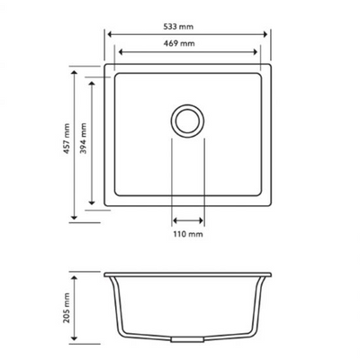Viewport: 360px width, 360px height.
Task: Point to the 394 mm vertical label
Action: (x=84, y=141)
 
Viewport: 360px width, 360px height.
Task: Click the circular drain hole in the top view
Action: (x=187, y=120)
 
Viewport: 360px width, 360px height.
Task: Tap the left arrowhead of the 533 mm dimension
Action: (x=109, y=35)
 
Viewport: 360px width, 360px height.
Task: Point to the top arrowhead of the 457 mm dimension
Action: (x=75, y=67)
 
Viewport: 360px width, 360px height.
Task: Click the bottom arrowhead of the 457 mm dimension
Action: (x=75, y=216)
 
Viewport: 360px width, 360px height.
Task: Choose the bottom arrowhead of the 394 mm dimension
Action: (x=92, y=203)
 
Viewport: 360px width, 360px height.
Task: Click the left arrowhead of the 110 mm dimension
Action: (x=173, y=219)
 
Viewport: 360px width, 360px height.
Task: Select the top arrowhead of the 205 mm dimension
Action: (x=75, y=273)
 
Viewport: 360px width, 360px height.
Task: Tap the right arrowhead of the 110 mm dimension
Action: (x=202, y=219)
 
